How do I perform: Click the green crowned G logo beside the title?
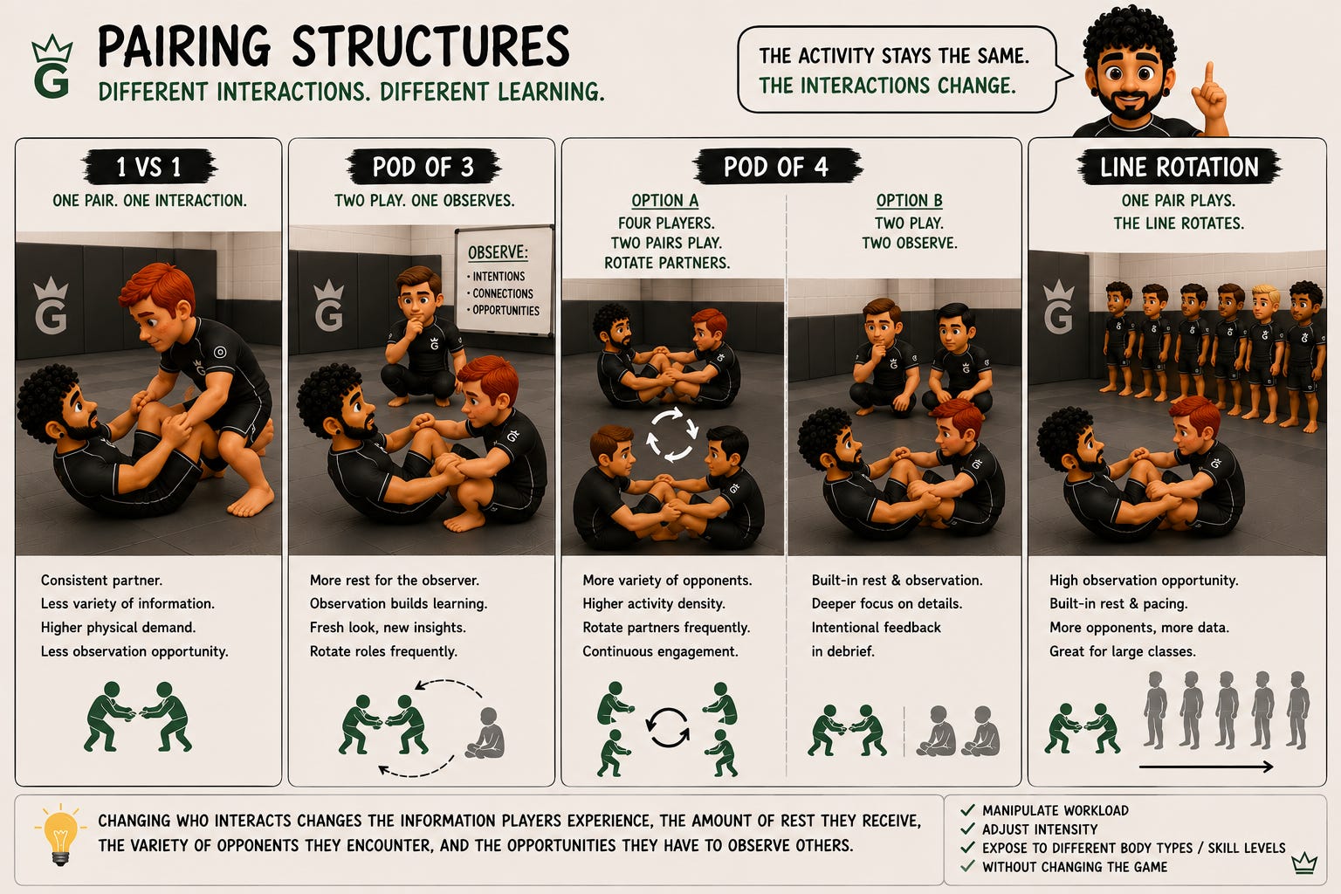pos(52,67)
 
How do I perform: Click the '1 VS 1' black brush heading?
pos(149,167)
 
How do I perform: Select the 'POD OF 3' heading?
pos(423,167)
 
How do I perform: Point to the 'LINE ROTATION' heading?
pos(1179,167)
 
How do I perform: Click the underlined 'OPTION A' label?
pos(665,201)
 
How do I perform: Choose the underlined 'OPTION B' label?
pos(909,201)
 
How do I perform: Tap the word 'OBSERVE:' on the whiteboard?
pos(499,252)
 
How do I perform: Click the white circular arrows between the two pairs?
pos(671,434)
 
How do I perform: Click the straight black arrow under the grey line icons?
pos(1205,767)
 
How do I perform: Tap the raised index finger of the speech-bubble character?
pos(1208,74)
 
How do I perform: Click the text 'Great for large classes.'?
pos(1123,651)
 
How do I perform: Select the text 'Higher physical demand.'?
pos(118,628)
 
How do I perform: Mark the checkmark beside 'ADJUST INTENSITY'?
pos(967,829)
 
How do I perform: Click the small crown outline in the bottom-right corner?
pos(1303,864)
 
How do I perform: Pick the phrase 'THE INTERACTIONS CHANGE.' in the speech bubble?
pos(887,86)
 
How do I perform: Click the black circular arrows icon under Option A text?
pos(668,727)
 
